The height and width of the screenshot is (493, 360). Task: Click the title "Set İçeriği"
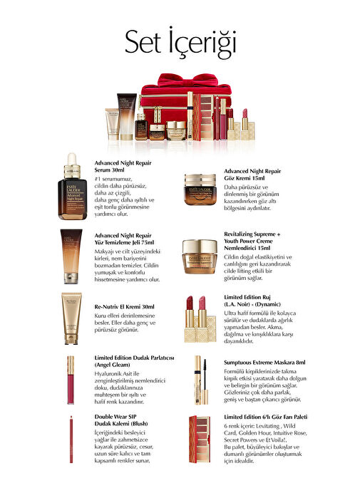tap(180, 42)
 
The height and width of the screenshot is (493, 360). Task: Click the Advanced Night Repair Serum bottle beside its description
tap(72, 186)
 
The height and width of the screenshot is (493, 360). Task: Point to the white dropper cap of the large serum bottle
tap(72, 159)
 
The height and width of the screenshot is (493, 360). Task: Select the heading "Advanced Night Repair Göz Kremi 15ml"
tap(252, 175)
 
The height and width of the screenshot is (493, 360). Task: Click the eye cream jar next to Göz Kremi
tap(200, 190)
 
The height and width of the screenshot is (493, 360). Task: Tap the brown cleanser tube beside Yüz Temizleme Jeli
tap(71, 256)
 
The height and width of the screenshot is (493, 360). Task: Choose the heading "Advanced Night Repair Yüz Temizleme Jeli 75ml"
tap(124, 239)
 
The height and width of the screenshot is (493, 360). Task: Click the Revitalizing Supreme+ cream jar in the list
tap(200, 256)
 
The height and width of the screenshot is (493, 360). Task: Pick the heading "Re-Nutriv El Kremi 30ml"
tap(124, 306)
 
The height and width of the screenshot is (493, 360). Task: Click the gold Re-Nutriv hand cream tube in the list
tap(71, 318)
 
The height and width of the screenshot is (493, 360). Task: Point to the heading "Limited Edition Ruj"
tap(247, 297)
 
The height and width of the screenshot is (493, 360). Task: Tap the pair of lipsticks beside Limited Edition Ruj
tap(200, 319)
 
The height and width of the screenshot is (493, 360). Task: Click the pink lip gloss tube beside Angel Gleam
tap(71, 380)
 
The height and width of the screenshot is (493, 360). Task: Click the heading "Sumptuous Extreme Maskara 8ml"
tap(264, 362)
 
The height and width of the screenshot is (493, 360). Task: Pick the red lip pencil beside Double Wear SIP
tap(71, 440)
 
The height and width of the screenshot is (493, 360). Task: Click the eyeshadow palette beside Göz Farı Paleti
tap(200, 440)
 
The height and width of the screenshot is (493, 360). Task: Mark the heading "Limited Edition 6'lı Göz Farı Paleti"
tap(266, 417)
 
